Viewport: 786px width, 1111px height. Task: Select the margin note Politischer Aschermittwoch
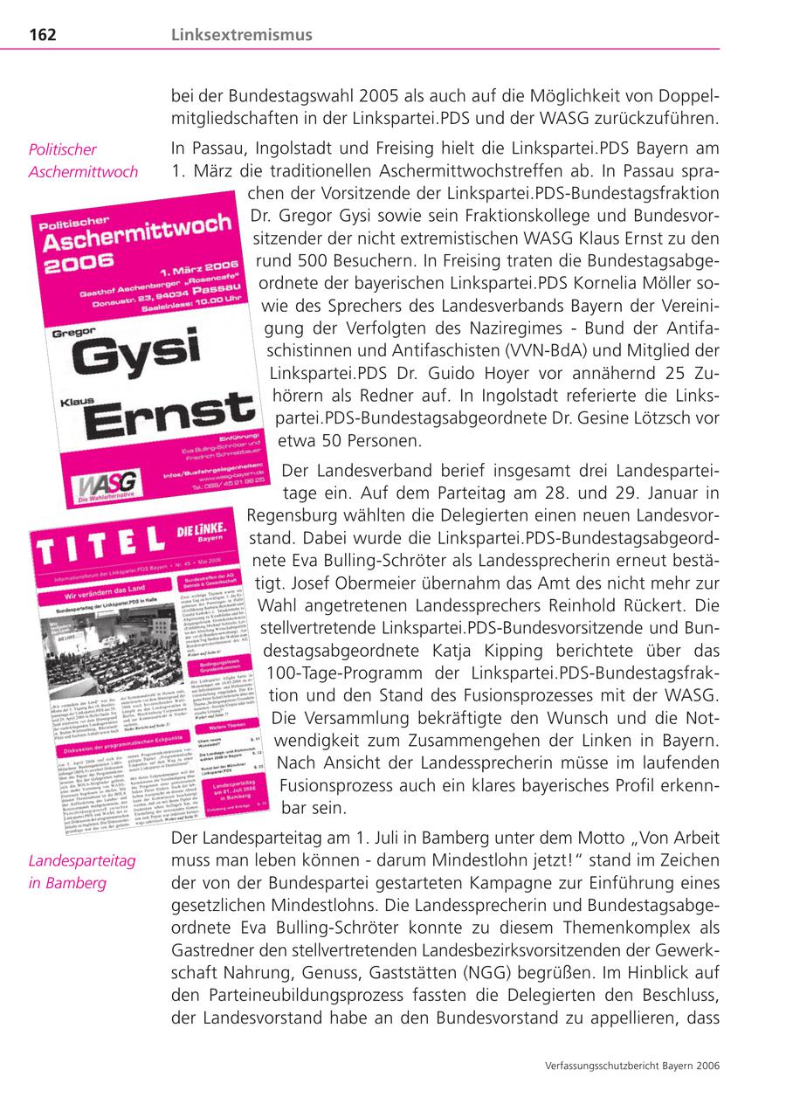click(82, 161)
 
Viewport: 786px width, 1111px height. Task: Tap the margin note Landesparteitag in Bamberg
click(82, 872)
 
